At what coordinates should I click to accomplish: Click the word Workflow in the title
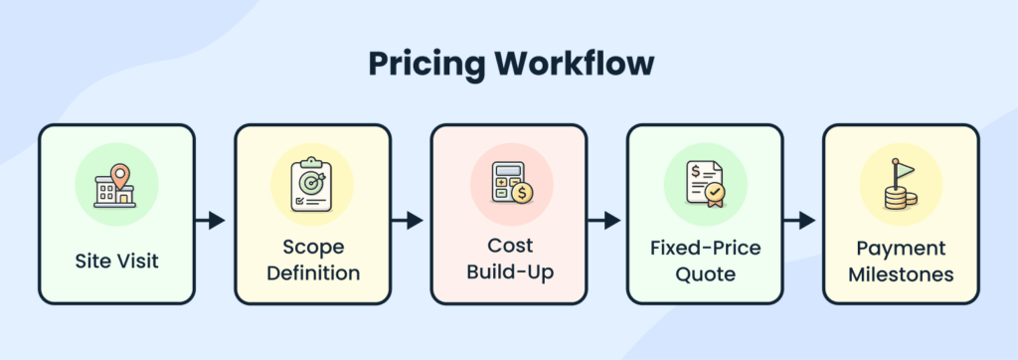click(578, 64)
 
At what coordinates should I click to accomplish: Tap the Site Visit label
click(115, 262)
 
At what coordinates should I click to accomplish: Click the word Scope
click(311, 246)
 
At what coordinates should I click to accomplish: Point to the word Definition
click(311, 270)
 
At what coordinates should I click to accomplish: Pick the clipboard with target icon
click(311, 186)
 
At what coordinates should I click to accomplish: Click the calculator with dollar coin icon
click(508, 186)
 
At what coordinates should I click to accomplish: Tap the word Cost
click(508, 246)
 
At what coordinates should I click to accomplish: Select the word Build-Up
click(508, 270)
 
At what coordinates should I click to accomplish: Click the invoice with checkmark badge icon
click(703, 186)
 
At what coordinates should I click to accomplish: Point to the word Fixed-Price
click(704, 246)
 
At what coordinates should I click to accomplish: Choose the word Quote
click(704, 270)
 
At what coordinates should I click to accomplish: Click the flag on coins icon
click(900, 186)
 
